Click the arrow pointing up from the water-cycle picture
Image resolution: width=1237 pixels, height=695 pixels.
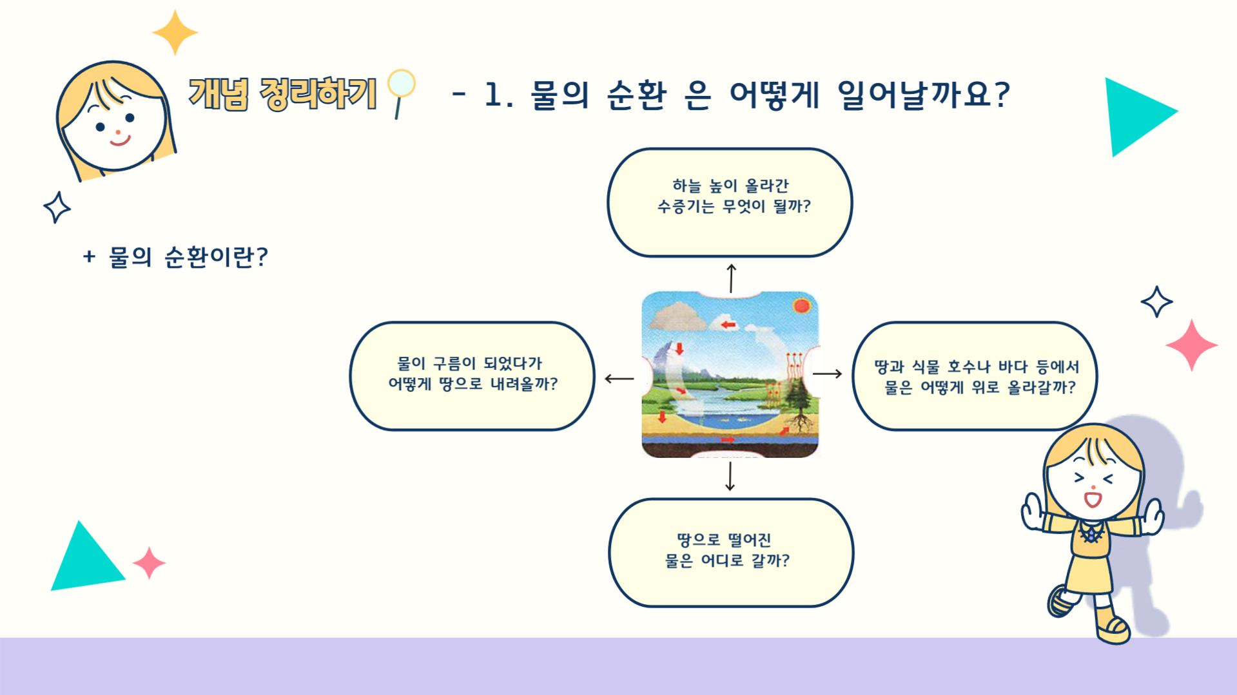(x=731, y=278)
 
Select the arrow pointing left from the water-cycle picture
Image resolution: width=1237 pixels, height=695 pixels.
(x=619, y=379)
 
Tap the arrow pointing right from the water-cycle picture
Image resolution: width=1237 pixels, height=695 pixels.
(x=828, y=374)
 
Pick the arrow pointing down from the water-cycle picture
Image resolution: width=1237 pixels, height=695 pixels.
(x=730, y=476)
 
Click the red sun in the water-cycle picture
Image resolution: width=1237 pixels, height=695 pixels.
(x=802, y=305)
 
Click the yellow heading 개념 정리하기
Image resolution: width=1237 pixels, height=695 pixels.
(x=282, y=94)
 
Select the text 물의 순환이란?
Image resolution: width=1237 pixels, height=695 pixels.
(x=188, y=257)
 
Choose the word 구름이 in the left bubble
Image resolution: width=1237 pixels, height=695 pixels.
(x=454, y=363)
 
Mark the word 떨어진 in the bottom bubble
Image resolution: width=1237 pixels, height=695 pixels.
(x=749, y=540)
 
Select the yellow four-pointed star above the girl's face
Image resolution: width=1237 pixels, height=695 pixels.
(x=175, y=32)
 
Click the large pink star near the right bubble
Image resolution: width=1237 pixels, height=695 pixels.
(x=1191, y=345)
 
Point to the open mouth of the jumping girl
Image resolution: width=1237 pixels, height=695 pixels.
(x=1093, y=499)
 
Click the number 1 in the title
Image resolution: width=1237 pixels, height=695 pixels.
(x=493, y=95)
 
